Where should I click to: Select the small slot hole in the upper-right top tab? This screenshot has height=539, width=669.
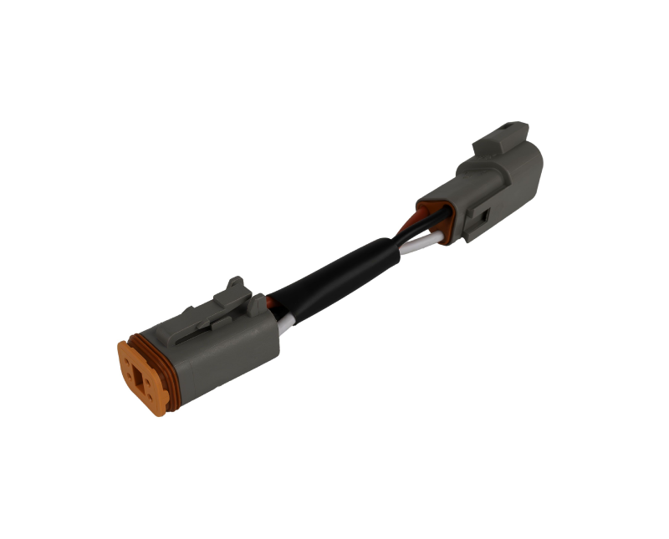(505, 132)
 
